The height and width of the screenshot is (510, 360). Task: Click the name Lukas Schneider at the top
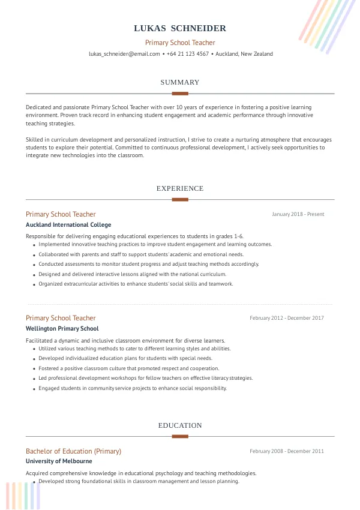[180, 28]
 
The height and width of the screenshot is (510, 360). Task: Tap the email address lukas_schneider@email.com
[124, 54]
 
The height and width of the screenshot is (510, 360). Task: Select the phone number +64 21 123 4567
[188, 54]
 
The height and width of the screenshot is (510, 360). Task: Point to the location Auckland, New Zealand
[244, 54]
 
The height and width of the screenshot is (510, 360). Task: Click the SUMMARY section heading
[180, 82]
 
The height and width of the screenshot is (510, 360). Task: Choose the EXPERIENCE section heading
[180, 188]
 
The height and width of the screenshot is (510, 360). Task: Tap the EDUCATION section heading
[180, 425]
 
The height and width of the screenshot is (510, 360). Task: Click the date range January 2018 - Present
[298, 214]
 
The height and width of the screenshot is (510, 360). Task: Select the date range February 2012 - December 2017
[287, 318]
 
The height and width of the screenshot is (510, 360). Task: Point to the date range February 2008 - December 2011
[287, 451]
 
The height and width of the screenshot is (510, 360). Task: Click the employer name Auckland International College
[68, 225]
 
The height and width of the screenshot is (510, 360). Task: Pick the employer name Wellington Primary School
[62, 329]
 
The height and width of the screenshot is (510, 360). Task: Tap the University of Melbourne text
[59, 461]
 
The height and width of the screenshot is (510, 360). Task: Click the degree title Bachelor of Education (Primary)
[73, 451]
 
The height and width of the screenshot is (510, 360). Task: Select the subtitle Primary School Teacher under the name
[180, 43]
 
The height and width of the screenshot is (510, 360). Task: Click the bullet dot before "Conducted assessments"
[34, 265]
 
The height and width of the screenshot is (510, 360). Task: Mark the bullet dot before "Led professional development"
[34, 379]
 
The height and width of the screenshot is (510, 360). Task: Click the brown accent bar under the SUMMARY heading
[180, 94]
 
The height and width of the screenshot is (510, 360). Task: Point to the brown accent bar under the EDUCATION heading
[180, 436]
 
